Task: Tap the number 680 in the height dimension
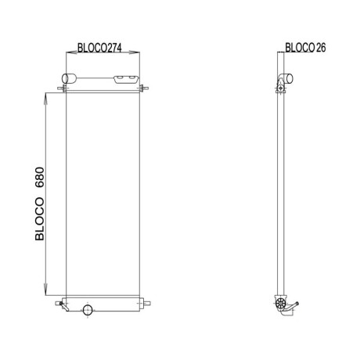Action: [40, 178]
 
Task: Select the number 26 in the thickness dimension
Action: [321, 48]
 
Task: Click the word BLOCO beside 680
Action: [40, 219]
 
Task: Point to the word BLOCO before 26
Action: [300, 48]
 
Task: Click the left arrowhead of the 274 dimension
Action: [71, 52]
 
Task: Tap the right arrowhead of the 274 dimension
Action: [135, 52]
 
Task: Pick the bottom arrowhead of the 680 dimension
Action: [45, 290]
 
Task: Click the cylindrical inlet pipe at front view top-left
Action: [69, 78]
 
